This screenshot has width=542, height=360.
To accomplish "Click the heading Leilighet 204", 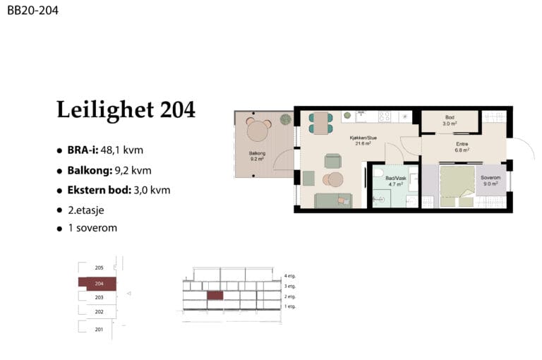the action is (126, 109).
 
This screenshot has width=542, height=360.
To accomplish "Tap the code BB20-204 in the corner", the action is (33, 11).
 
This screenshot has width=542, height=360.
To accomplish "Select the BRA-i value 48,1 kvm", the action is (121, 150).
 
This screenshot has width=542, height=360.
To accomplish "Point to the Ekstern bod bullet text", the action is (119, 190).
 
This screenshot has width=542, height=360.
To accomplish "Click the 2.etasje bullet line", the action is (85, 210).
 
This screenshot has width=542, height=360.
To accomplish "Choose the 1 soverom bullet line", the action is (92, 228).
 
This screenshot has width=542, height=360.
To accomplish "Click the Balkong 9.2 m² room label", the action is (257, 156).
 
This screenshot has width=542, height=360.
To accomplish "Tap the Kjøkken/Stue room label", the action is (363, 140).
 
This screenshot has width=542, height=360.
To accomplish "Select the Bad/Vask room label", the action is (396, 181).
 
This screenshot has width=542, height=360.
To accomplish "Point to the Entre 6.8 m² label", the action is (462, 147).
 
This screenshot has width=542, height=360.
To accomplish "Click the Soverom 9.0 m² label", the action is (490, 181).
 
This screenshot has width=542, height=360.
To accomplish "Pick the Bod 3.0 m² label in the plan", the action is (450, 120).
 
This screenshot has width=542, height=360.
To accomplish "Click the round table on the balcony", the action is (258, 131).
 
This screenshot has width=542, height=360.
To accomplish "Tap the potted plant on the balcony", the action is (286, 119).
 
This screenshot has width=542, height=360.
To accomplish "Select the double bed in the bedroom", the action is (457, 186).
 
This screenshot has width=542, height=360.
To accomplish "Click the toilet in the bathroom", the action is (379, 172).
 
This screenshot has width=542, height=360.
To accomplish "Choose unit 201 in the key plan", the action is (99, 330).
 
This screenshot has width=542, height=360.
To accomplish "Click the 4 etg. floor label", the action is (289, 276).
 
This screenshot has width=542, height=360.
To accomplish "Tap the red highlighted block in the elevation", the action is (215, 295).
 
